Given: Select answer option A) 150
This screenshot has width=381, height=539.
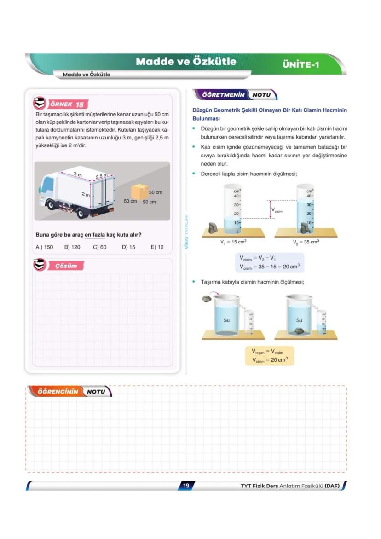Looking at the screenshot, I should [x=44, y=247].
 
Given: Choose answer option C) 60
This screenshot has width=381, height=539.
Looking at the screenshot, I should [x=99, y=247].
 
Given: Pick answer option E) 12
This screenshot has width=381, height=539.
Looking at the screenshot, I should [x=157, y=247].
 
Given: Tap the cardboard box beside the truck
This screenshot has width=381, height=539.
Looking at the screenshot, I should [x=139, y=191].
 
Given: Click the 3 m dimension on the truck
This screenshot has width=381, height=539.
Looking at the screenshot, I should [x=78, y=174].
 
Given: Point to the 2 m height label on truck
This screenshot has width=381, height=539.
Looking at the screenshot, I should [x=86, y=194].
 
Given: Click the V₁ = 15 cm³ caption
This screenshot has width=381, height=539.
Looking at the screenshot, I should [x=233, y=242].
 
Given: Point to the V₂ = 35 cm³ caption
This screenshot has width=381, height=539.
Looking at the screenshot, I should [x=306, y=242].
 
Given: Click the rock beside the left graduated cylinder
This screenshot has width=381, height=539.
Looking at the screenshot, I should [x=214, y=228].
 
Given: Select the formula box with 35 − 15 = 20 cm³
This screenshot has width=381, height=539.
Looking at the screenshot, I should [x=269, y=262].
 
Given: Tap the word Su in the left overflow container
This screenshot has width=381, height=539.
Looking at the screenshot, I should [x=226, y=320].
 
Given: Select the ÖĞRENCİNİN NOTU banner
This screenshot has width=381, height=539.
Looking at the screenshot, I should [x=69, y=392].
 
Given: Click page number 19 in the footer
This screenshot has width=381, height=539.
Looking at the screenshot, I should [x=186, y=486].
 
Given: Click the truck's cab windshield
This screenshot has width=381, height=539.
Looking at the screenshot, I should [x=48, y=185].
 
